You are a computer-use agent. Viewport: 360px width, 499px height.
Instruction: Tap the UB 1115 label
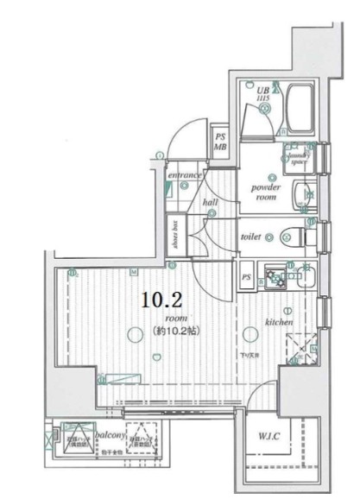[x=264, y=92]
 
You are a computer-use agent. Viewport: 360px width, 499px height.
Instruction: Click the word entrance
[x=185, y=175]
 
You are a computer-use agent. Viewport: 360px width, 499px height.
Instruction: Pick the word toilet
[x=250, y=234]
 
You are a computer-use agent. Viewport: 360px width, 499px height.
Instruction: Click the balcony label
[x=111, y=436]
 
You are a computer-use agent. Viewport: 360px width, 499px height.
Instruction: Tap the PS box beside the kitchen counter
[x=246, y=277]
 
